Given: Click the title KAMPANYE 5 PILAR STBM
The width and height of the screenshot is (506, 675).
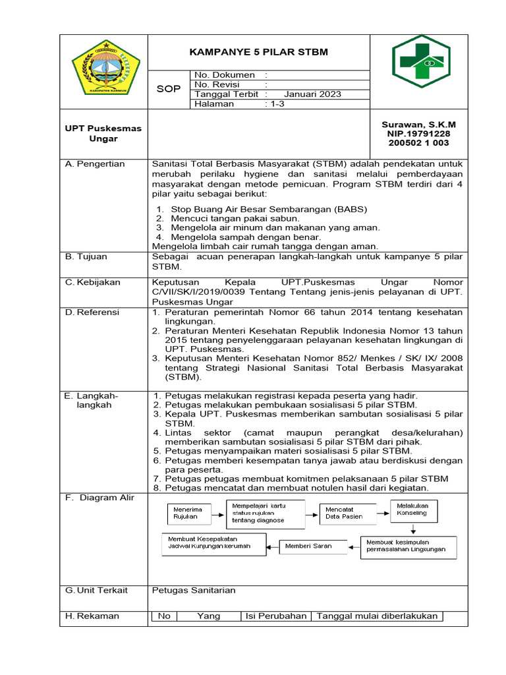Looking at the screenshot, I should pyautogui.click(x=259, y=52).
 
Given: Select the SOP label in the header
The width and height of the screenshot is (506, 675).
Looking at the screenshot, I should pyautogui.click(x=168, y=89).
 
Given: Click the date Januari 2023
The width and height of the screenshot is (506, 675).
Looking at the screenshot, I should pyautogui.click(x=313, y=94).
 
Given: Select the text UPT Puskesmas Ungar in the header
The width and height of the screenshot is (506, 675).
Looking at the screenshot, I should pyautogui.click(x=103, y=133).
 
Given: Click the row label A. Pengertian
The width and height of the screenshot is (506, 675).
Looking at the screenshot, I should pyautogui.click(x=96, y=164).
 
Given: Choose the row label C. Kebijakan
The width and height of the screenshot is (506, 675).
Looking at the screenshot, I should pyautogui.click(x=93, y=282).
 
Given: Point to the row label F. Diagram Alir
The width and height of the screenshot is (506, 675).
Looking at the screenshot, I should pyautogui.click(x=99, y=498).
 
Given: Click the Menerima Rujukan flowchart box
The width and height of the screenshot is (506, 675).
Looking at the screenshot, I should pyautogui.click(x=188, y=513).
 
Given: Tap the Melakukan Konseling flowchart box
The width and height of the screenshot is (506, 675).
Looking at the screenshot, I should pyautogui.click(x=412, y=510).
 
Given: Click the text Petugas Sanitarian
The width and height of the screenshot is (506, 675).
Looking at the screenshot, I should pyautogui.click(x=194, y=590).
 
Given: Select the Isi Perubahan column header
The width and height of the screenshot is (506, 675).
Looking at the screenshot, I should pyautogui.click(x=276, y=616).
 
